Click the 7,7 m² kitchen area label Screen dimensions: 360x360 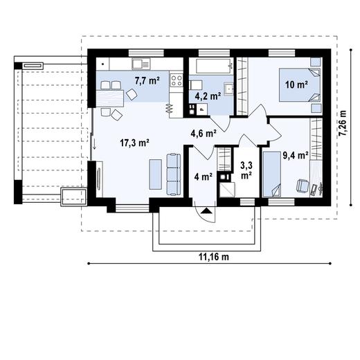pos(147,81)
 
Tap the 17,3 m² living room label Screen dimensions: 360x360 pos(135,143)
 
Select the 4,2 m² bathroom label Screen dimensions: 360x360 pos(207,97)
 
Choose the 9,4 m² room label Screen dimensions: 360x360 pos(294,156)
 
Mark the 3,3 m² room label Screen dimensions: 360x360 pos(246,170)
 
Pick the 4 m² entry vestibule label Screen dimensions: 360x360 pos(203,177)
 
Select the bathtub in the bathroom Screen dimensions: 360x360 pos(212,67)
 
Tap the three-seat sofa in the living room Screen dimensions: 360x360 pos(172,172)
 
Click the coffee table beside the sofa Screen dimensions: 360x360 pos(155,174)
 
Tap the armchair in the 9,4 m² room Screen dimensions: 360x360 pos(302,186)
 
